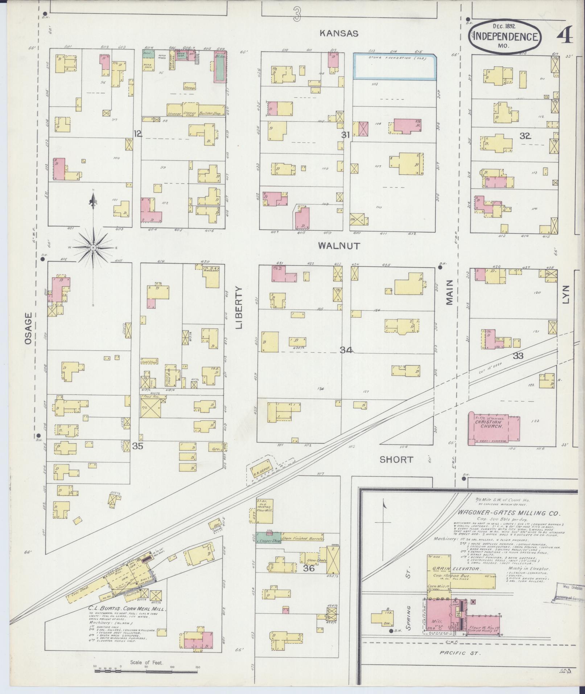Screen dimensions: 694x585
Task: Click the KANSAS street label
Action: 339,33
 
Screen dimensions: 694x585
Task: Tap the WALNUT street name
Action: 339,246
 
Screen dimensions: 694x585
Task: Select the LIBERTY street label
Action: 239,307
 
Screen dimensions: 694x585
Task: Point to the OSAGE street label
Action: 29,328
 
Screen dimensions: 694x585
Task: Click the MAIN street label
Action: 450,292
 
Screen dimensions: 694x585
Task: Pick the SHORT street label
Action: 396,460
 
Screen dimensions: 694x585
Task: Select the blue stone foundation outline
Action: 395,67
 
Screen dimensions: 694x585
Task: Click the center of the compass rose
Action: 93,247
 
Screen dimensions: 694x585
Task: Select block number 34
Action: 346,350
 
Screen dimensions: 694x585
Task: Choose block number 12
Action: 137,134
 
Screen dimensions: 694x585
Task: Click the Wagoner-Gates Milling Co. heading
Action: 509,513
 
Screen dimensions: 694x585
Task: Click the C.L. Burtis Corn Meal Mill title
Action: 127,608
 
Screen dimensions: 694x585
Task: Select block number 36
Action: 309,568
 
